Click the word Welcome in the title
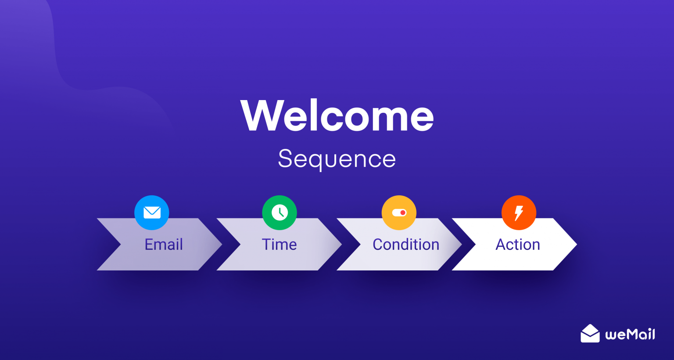[x=337, y=115]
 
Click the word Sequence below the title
[x=337, y=159]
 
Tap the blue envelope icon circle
[x=152, y=212]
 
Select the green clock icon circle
[x=280, y=212]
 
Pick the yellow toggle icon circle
[x=399, y=212]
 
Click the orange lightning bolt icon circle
[x=519, y=212]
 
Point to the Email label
[x=164, y=245]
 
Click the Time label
[x=279, y=245]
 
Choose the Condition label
[x=406, y=245]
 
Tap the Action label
[x=518, y=245]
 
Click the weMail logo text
[x=630, y=335]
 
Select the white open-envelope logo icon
[x=590, y=334]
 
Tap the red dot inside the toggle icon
[x=403, y=212]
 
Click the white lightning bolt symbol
[x=519, y=213]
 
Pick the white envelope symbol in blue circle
[x=152, y=212]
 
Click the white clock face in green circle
[x=280, y=212]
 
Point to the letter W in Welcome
[x=260, y=115]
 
